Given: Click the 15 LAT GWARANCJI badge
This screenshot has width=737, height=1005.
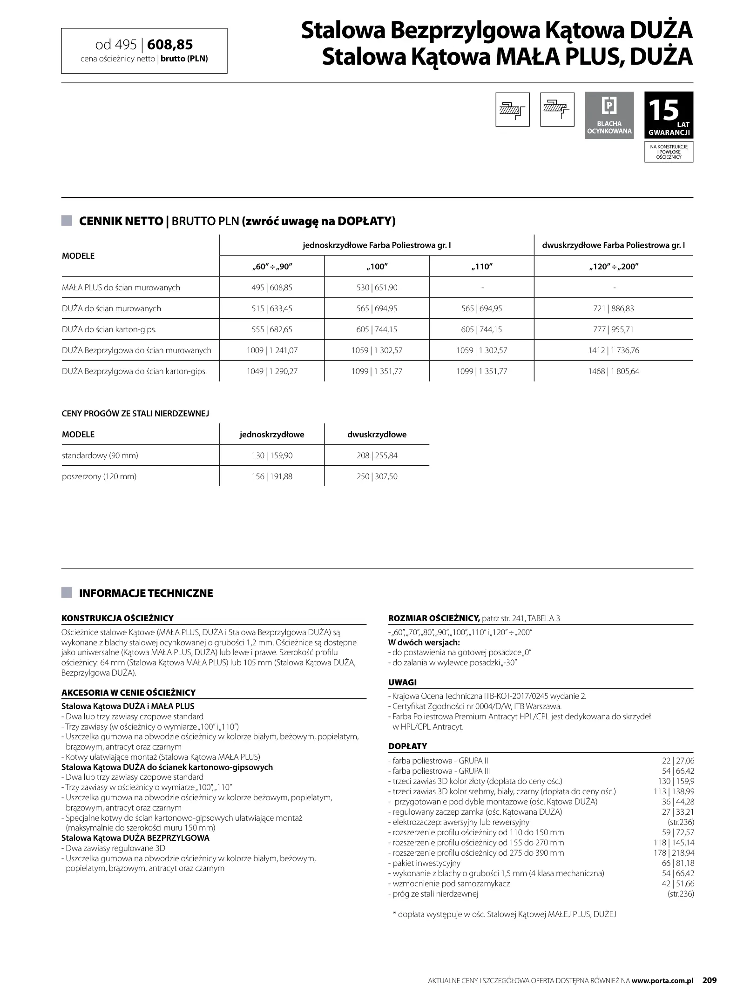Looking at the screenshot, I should click(x=669, y=115).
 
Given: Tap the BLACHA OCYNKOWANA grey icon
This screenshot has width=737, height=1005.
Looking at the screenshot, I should click(x=609, y=115).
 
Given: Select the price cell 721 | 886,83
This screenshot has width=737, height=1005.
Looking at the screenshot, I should click(x=613, y=308).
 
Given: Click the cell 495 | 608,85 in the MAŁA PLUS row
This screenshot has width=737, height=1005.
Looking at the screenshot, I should click(x=272, y=288).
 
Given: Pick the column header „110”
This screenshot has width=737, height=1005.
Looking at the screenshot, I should click(x=481, y=267).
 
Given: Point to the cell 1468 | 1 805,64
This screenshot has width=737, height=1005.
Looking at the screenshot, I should click(x=613, y=371).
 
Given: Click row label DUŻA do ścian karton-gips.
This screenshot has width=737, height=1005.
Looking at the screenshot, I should click(x=109, y=329).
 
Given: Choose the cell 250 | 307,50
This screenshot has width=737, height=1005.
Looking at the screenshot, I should click(x=377, y=476).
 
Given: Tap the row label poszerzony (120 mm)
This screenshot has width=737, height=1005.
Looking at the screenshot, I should click(x=99, y=476).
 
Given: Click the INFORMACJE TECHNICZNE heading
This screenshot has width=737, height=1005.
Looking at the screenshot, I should click(x=146, y=593).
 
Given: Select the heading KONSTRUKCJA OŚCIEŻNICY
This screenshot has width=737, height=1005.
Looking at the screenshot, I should click(x=117, y=618).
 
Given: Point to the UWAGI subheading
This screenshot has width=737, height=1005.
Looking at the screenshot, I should click(x=402, y=683).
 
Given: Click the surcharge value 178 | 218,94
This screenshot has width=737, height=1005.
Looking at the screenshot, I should click(x=674, y=853).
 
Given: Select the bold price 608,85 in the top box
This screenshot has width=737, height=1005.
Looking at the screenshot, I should click(x=170, y=45).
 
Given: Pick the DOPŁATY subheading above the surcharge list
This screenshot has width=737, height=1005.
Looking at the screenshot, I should click(x=407, y=746).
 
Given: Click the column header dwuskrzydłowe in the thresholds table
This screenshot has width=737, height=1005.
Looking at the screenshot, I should click(x=377, y=435).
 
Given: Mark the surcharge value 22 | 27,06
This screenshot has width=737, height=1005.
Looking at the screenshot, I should click(x=678, y=761).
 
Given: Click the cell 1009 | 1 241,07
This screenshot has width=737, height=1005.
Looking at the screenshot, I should click(x=272, y=350).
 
